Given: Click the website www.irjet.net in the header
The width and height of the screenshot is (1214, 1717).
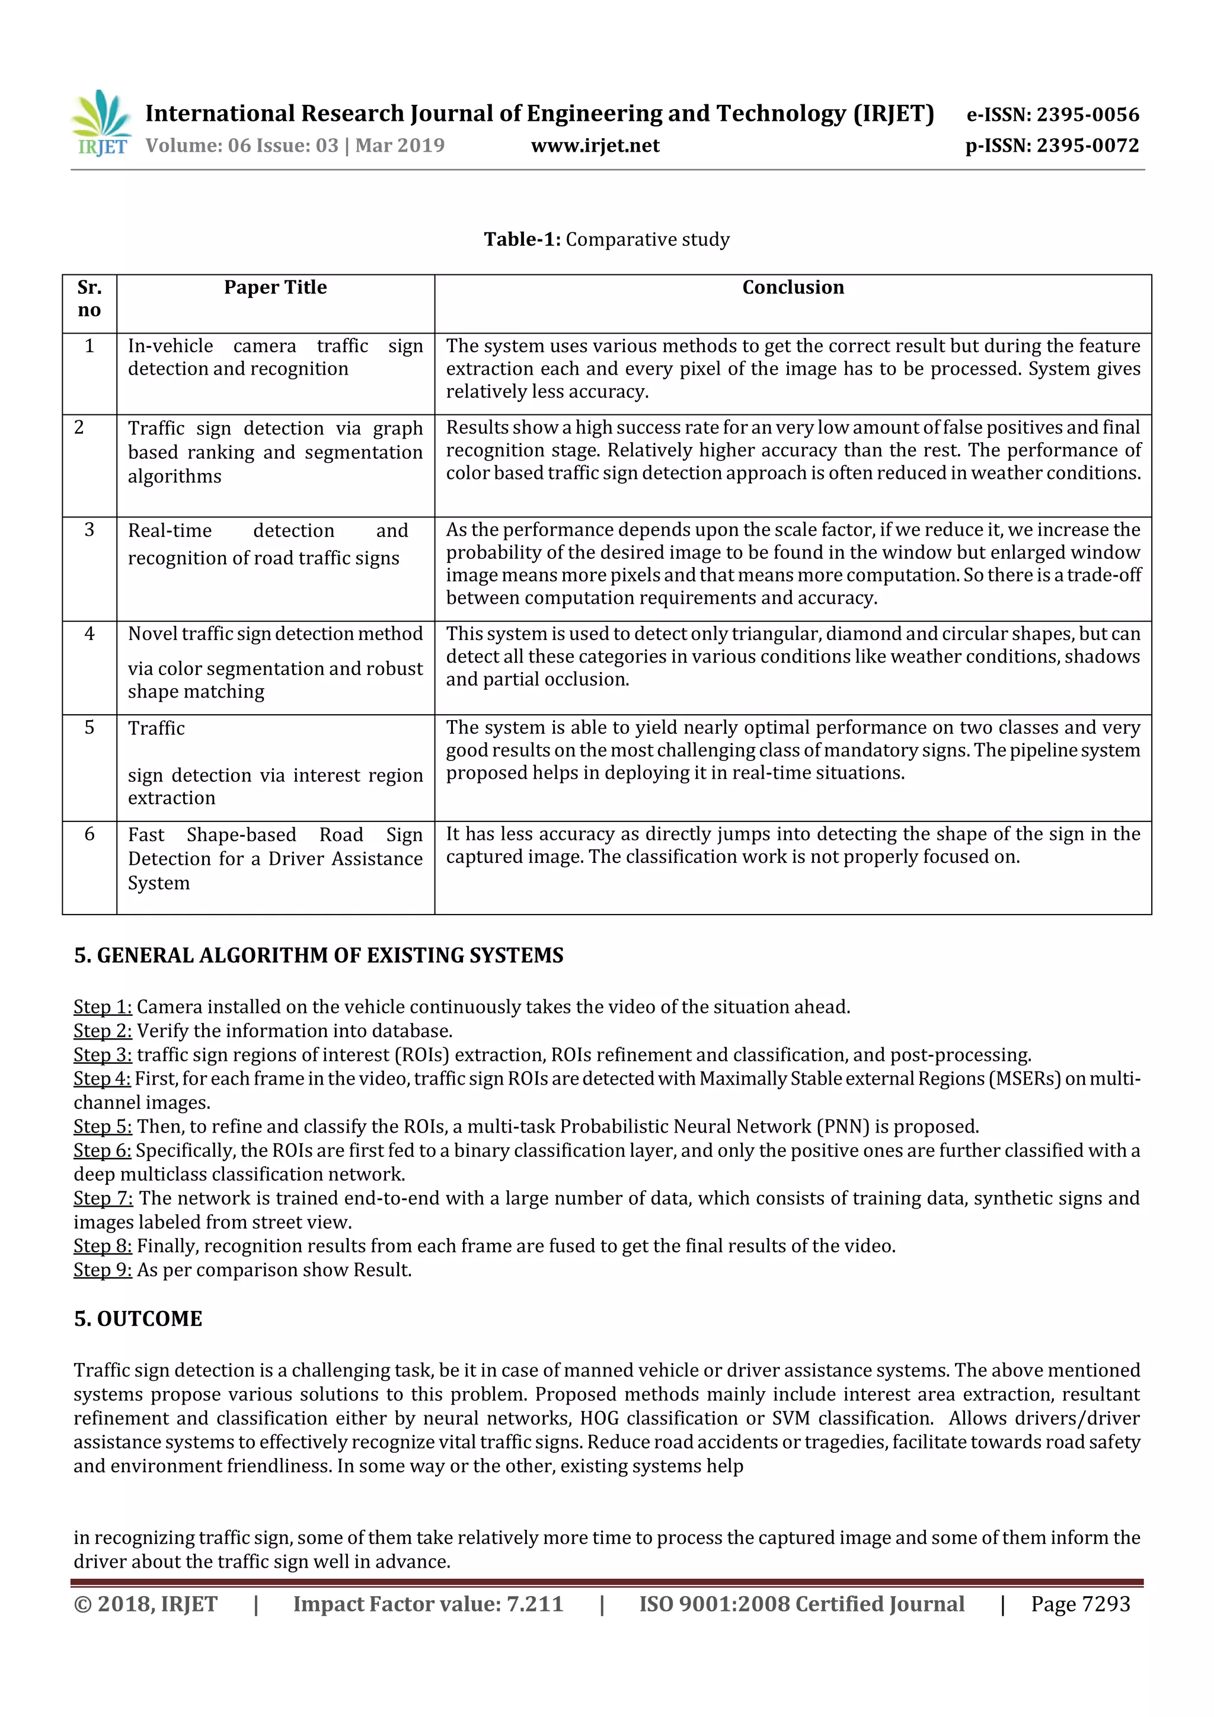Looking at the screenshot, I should point(595,146).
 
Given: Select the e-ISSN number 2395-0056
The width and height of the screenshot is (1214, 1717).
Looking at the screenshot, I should point(1087,114).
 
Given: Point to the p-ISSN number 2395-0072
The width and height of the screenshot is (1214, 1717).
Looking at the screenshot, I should point(1087,146).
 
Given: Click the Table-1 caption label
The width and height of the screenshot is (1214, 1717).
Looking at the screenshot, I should point(522,239).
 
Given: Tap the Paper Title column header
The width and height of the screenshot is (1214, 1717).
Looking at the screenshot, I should point(275,288).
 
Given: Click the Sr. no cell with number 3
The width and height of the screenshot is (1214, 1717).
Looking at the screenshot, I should point(89,530).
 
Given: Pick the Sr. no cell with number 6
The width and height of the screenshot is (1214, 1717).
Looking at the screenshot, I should point(89,834).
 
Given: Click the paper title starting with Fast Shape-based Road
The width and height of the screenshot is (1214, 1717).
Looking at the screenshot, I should point(274,858).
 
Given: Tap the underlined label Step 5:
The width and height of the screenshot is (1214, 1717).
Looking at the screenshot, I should point(103,1127).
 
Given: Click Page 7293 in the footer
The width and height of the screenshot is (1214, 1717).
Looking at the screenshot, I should point(1079,1604).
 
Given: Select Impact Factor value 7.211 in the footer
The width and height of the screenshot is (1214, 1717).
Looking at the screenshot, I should point(428,1604).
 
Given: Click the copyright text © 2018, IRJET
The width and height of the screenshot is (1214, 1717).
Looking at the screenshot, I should point(145,1604).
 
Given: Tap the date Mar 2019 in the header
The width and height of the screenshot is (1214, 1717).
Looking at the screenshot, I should point(400,146).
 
